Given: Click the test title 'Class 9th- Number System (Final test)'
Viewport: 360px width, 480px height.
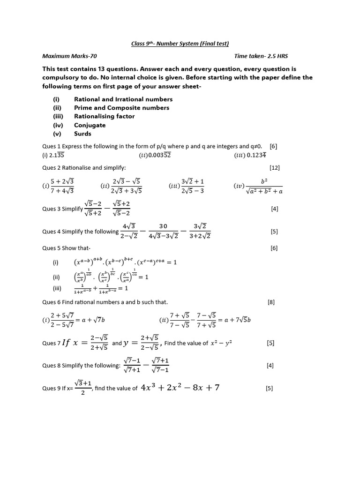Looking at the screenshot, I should click(180, 44).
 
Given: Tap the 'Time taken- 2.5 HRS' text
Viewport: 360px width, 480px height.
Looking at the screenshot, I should click(262, 56).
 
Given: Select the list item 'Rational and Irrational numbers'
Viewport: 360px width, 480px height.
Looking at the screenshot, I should click(123, 99).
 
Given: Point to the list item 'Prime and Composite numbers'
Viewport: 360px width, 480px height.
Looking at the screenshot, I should click(121, 108).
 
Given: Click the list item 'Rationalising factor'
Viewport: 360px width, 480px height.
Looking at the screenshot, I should click(104, 116).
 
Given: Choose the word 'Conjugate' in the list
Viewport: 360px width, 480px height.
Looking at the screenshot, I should click(90, 125).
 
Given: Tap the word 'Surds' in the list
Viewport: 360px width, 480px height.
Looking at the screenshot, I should click(82, 134).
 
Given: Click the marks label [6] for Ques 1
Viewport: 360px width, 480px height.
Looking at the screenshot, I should click(274, 146).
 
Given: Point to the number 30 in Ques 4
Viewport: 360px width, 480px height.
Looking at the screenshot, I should click(163, 226).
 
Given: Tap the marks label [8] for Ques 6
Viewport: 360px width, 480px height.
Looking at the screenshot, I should click(271, 302).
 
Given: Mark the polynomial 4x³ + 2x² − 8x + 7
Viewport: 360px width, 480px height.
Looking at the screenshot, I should click(180, 388).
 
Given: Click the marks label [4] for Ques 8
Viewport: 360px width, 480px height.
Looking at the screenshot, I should click(270, 366).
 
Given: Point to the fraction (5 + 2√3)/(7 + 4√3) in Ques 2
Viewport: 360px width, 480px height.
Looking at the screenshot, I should click(63, 186).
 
